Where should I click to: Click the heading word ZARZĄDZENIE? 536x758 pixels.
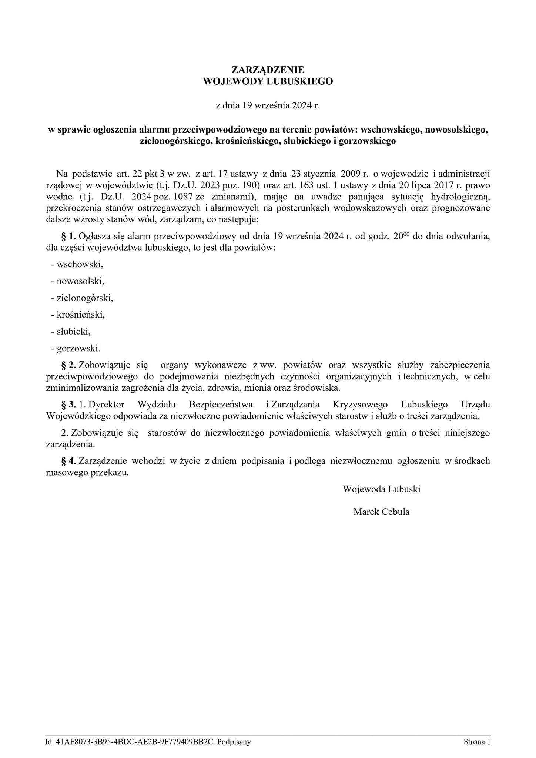click(x=268, y=70)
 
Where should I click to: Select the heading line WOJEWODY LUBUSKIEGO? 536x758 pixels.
click(x=268, y=81)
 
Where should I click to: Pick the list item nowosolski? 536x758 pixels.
click(x=80, y=281)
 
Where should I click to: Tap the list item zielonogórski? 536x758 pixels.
click(x=85, y=298)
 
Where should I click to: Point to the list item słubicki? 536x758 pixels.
click(x=73, y=331)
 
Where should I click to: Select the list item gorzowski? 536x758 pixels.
click(x=78, y=348)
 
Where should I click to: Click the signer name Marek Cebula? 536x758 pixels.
click(x=381, y=512)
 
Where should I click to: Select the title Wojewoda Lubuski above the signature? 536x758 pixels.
click(x=381, y=489)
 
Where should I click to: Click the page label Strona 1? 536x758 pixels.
click(x=477, y=731)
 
